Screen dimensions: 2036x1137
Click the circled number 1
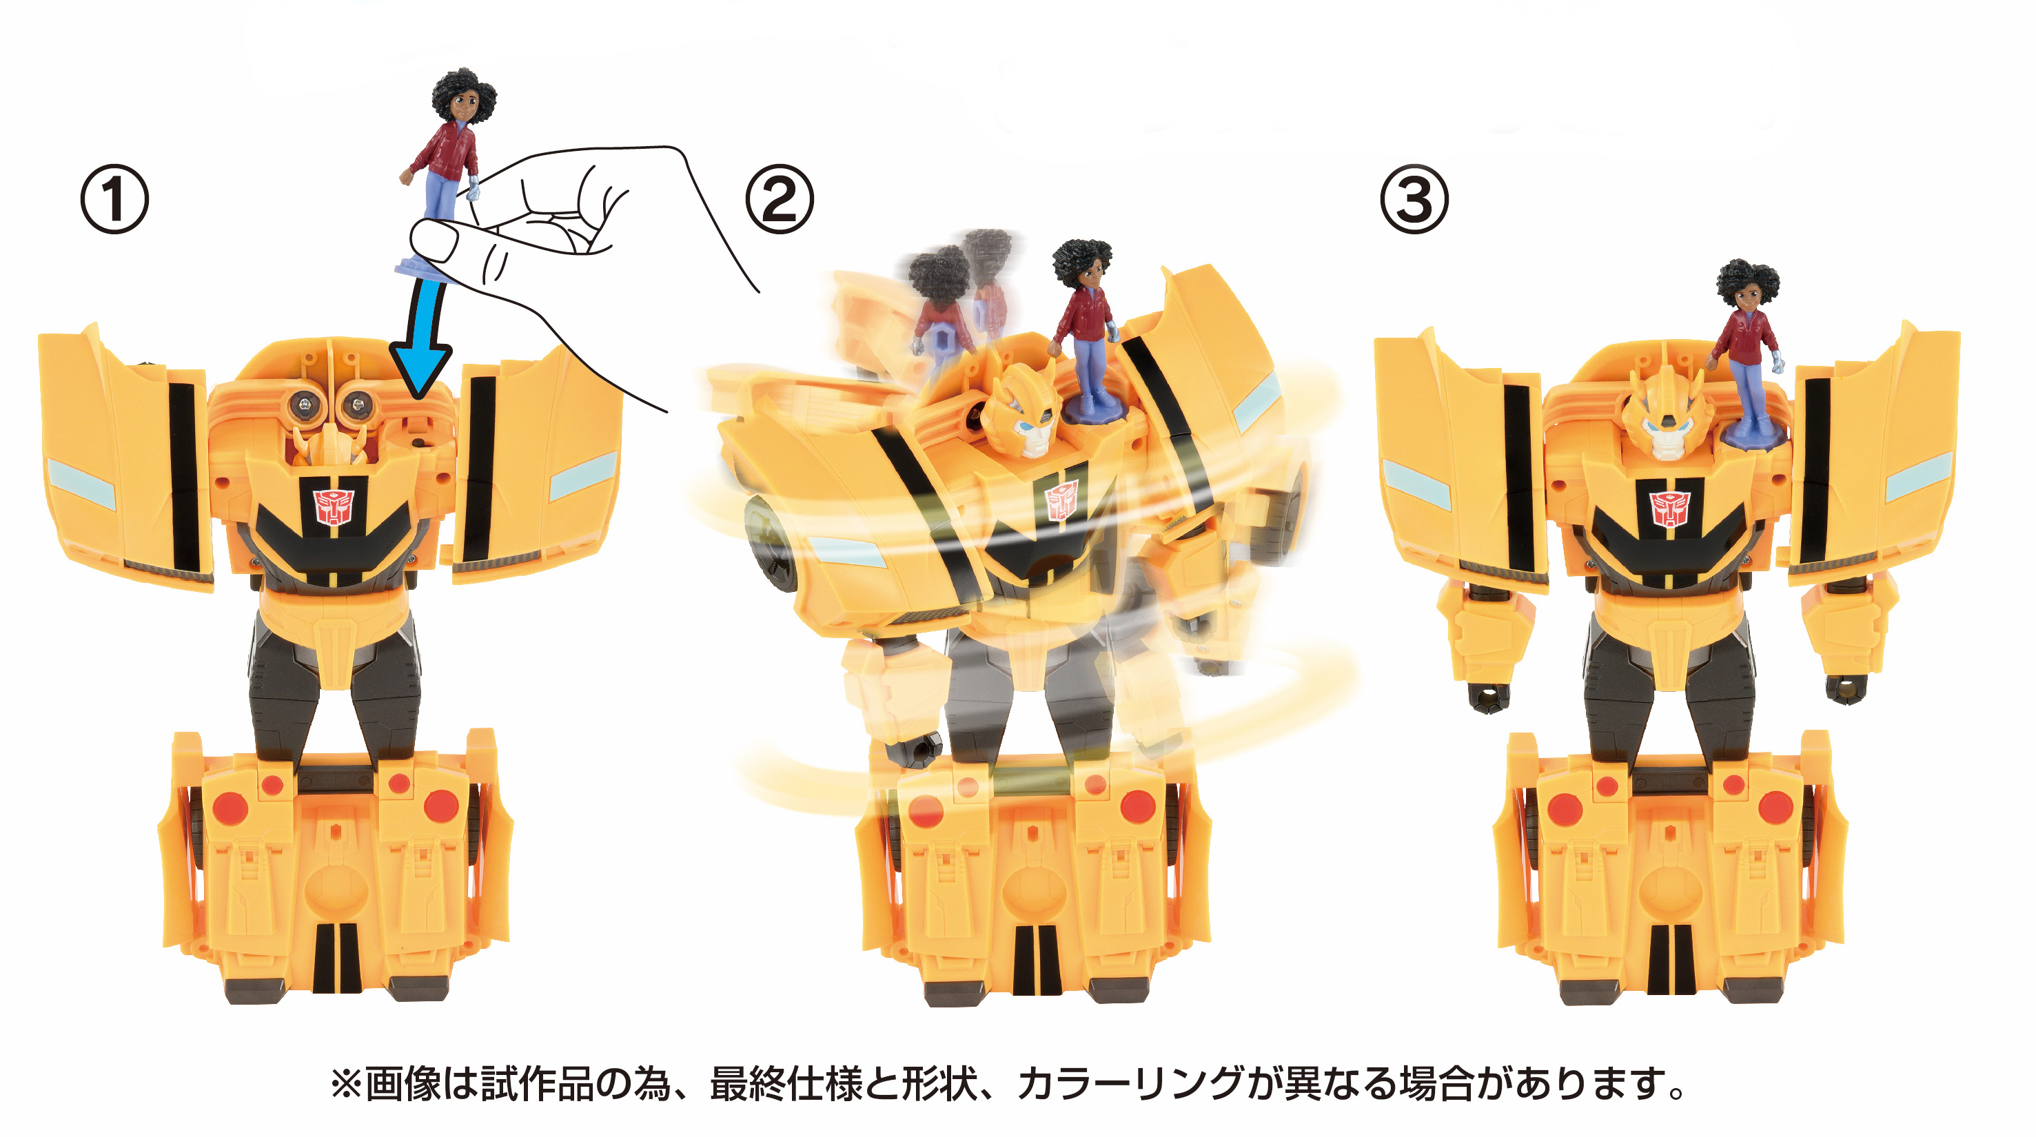click(x=114, y=199)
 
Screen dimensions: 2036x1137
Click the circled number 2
click(x=780, y=199)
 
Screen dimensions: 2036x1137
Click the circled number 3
click(x=1414, y=199)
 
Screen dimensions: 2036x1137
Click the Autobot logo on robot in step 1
click(x=334, y=506)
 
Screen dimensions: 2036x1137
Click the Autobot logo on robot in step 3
click(x=1669, y=508)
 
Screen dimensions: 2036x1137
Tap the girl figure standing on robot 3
click(x=1747, y=348)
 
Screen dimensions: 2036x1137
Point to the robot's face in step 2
click(x=1028, y=419)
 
